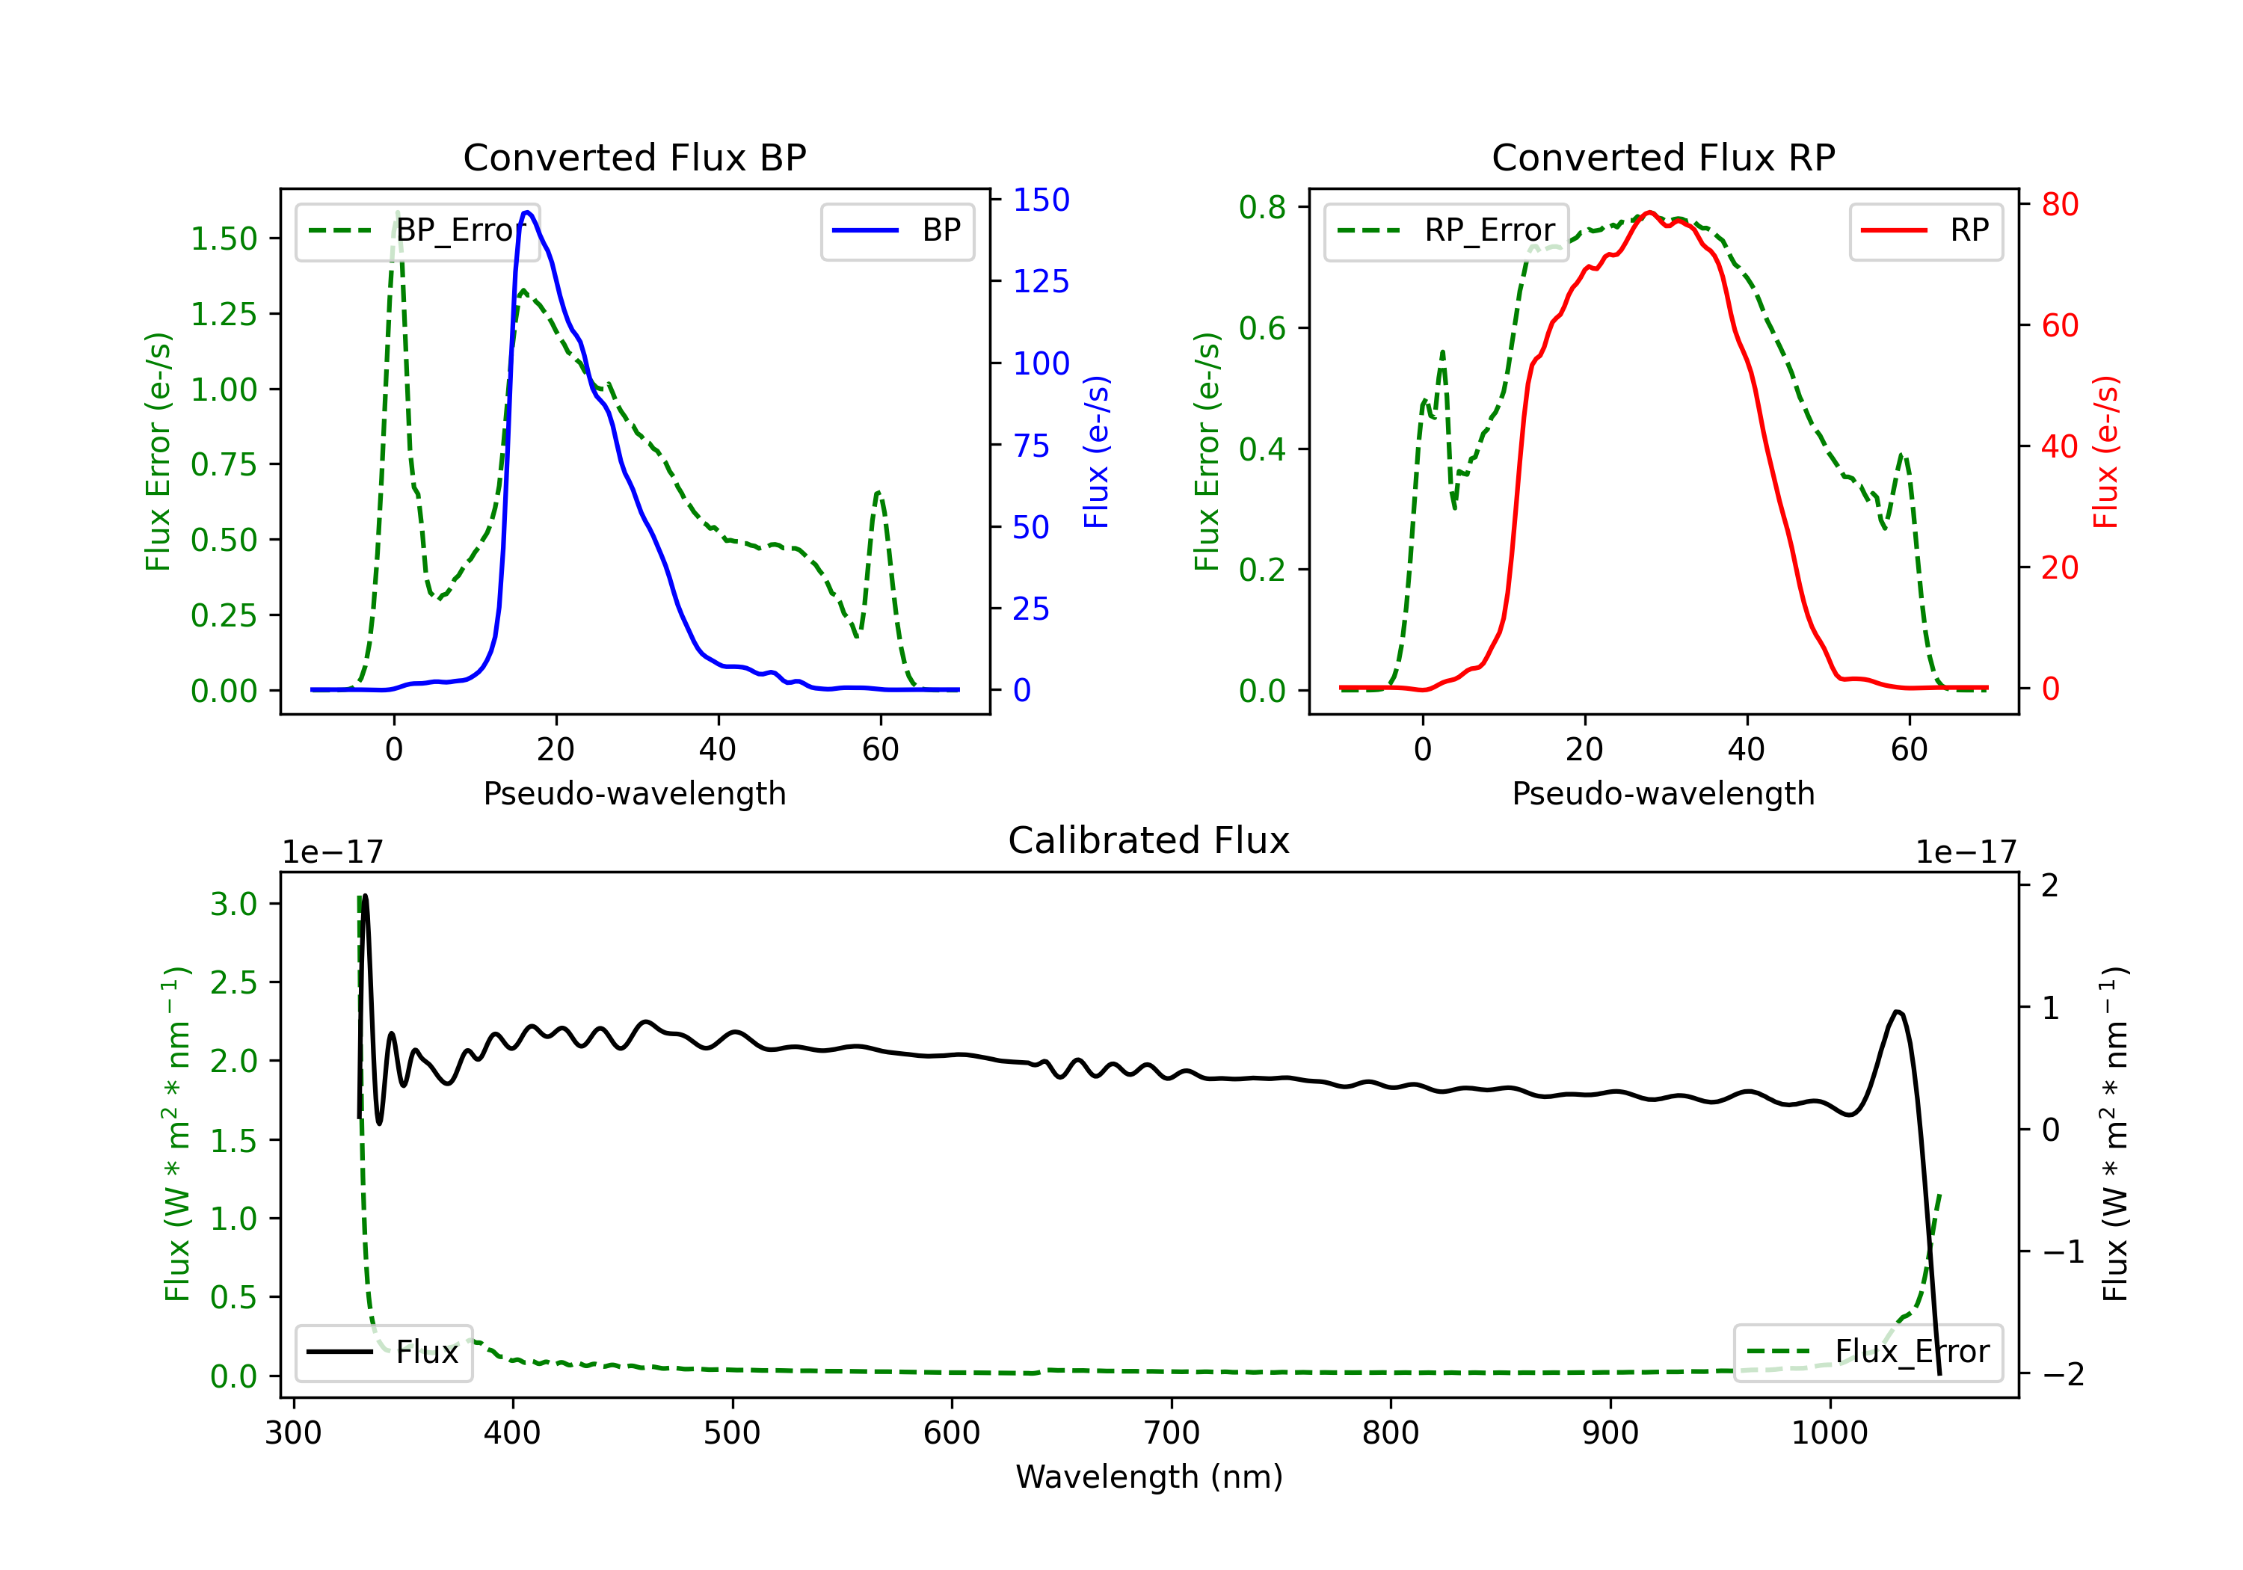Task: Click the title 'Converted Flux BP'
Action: (634, 157)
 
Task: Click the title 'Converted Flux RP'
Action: (1663, 157)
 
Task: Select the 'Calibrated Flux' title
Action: (1149, 840)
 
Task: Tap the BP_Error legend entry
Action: (417, 230)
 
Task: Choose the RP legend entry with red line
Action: (1924, 230)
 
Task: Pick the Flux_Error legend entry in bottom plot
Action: (1867, 1352)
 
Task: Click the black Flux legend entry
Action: (382, 1352)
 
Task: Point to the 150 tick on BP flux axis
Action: (1041, 200)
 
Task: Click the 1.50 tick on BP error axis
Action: (224, 238)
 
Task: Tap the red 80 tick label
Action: (2059, 204)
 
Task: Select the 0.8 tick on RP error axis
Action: (1262, 207)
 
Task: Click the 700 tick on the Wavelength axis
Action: (1172, 1432)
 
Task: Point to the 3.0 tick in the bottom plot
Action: (235, 904)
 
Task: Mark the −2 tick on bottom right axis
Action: (2062, 1375)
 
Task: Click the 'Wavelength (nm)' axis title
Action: (1149, 1477)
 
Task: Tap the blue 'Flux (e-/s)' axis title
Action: (1096, 452)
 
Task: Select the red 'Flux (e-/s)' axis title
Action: (2105, 452)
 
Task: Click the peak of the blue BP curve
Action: (526, 212)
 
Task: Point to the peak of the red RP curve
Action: (1649, 213)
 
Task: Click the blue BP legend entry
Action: (896, 230)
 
